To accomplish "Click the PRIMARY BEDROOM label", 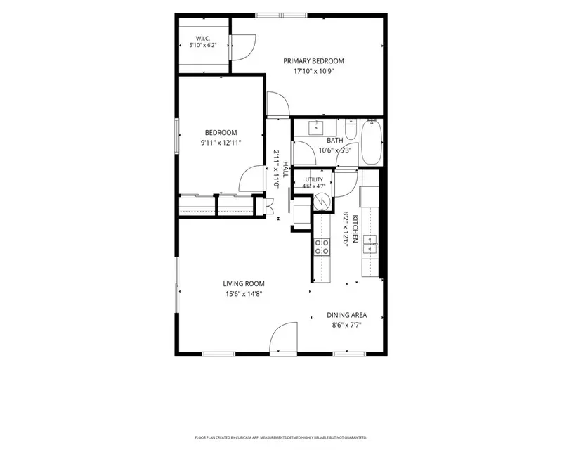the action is (313, 61).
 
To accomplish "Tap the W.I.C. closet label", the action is (203, 39).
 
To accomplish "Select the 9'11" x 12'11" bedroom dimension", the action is (221, 143).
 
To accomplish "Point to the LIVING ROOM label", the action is (244, 284).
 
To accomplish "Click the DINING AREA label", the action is (346, 316).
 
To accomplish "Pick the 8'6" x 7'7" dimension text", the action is (346, 326).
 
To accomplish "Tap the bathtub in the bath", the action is (372, 142).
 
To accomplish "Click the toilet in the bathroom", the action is (350, 129).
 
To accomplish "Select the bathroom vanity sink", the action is (315, 127).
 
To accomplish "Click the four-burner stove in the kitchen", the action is (322, 247).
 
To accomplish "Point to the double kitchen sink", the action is (370, 244).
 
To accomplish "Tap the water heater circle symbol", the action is (321, 202).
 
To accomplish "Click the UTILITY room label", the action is (314, 179).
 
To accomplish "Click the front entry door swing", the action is (284, 337).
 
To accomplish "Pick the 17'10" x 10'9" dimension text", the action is (313, 71).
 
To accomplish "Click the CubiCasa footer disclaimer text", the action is (281, 438).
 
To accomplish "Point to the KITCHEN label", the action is (355, 229).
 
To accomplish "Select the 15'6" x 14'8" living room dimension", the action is (244, 295).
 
